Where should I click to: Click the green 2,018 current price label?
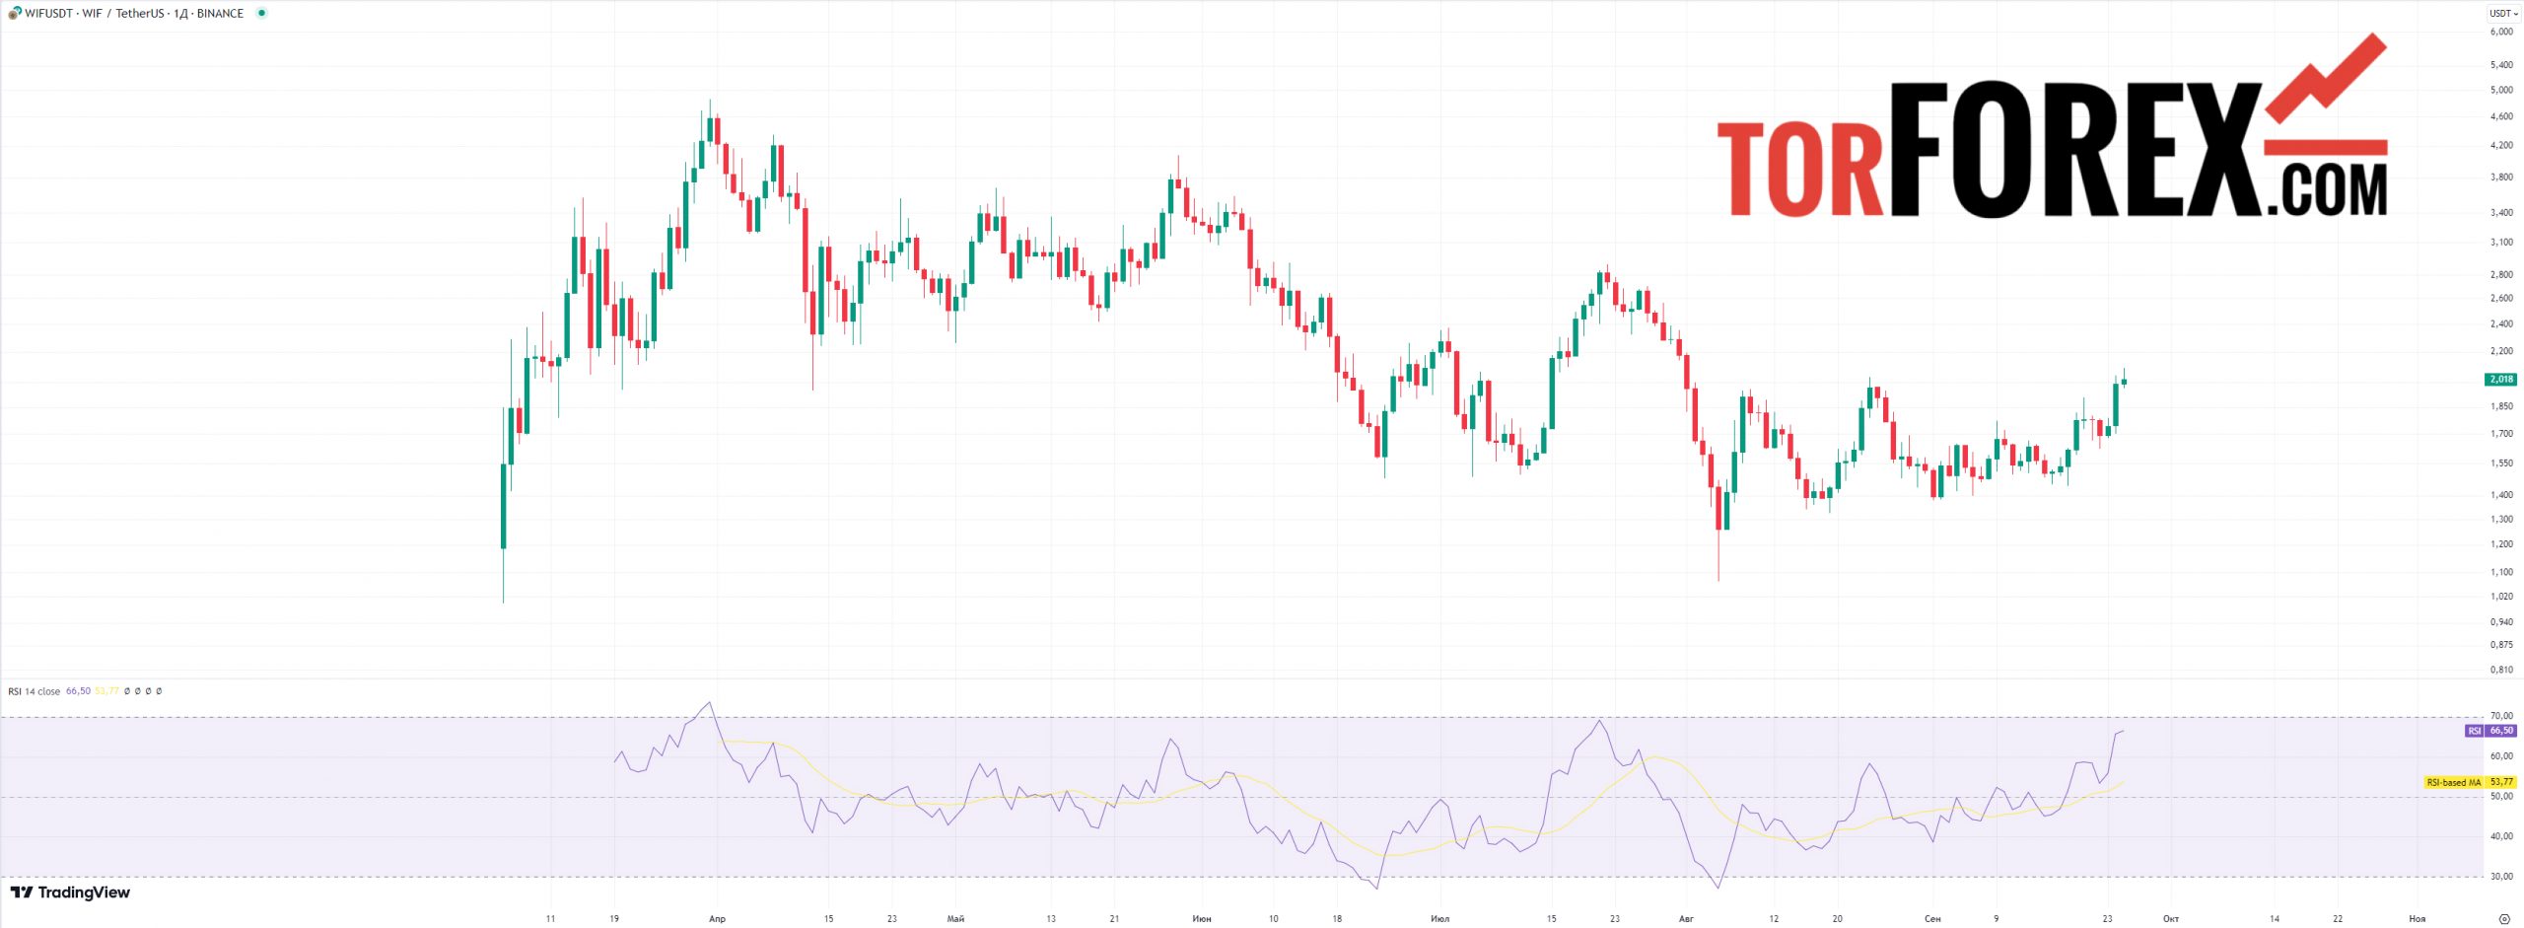(2501, 380)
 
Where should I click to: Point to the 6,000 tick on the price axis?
(2501, 32)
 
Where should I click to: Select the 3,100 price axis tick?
(2501, 243)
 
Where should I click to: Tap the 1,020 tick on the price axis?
(2501, 597)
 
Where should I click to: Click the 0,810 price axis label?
(2501, 670)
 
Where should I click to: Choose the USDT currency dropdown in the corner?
(2503, 13)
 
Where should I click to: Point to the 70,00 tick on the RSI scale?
(2501, 716)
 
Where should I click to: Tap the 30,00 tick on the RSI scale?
(2501, 876)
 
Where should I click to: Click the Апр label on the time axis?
(717, 919)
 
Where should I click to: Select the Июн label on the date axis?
(1201, 919)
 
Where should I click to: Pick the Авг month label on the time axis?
(1686, 919)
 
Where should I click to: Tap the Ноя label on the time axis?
(2417, 919)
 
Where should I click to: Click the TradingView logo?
(70, 892)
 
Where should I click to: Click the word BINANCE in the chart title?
(220, 14)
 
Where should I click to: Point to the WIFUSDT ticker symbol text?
(48, 14)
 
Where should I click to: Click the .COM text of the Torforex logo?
(2326, 190)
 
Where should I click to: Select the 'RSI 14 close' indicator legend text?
(35, 691)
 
